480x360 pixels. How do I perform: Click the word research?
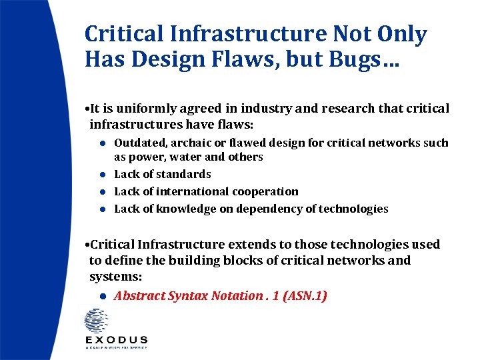335,108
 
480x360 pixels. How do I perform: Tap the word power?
144,157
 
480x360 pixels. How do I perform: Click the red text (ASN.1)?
305,295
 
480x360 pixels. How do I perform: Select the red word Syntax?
188,296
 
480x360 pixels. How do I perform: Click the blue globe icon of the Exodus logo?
96,321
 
